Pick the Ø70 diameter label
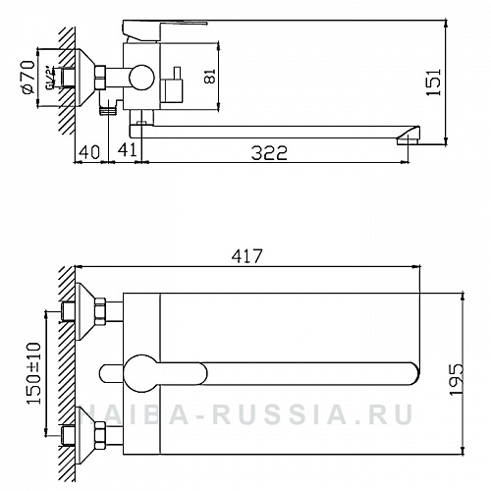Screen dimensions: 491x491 coord(28,75)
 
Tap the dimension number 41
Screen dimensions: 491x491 coord(128,150)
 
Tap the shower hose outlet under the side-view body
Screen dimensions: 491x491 coord(109,113)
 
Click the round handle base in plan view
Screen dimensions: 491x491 coord(140,371)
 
